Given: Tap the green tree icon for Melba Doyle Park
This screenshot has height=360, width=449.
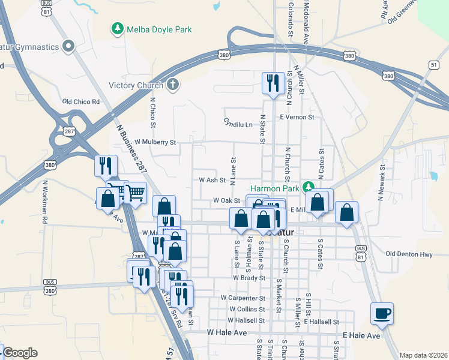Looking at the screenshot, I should coord(118,28).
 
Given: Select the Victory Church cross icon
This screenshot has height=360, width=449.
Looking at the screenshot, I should coord(173,85).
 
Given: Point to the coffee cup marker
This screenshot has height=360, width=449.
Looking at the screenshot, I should coord(382,313).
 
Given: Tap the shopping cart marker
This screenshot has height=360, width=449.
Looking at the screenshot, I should coord(136,193).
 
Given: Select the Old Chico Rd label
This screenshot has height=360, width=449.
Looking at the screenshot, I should coord(81,101).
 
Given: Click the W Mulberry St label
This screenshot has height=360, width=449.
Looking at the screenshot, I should coord(155,142).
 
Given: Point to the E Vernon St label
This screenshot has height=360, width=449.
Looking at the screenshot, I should coord(297,117).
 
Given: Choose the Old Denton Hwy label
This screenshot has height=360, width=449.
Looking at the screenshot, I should coord(409,254).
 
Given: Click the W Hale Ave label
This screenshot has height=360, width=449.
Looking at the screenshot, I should coord(227,332).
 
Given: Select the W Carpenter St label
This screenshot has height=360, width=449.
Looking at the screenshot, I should coord(243,298).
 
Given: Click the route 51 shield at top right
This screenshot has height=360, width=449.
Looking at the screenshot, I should coord(433,65).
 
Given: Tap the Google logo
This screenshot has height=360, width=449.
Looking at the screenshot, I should coord(20,353).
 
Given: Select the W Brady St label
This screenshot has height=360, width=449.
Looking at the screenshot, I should coord(249,278).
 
